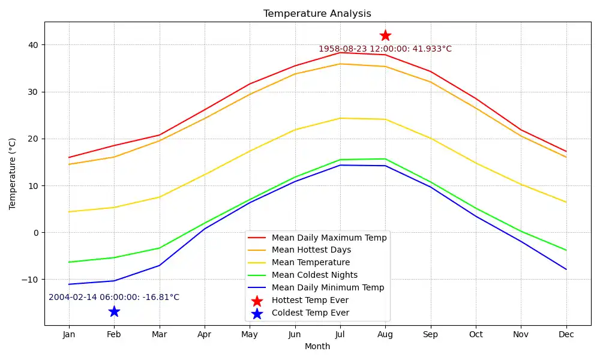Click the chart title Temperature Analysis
pyautogui.click(x=317, y=14)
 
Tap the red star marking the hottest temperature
pyautogui.click(x=385, y=35)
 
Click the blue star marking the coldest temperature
pyautogui.click(x=114, y=311)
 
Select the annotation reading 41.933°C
pyautogui.click(x=385, y=49)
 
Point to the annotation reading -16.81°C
pyautogui.click(x=114, y=297)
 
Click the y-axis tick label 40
pyautogui.click(x=32, y=45)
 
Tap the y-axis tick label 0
pyautogui.click(x=35, y=233)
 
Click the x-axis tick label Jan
pyautogui.click(x=69, y=334)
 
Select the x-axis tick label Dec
pyautogui.click(x=566, y=334)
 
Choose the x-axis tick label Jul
pyautogui.click(x=340, y=334)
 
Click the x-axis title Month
pyautogui.click(x=317, y=346)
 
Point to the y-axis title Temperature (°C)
pyautogui.click(x=13, y=173)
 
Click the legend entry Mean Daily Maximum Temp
pyautogui.click(x=329, y=238)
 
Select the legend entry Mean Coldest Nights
pyautogui.click(x=314, y=275)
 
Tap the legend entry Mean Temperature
pyautogui.click(x=310, y=263)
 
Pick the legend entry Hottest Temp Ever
pyautogui.click(x=310, y=301)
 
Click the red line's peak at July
pyautogui.click(x=340, y=53)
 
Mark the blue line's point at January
pyautogui.click(x=69, y=284)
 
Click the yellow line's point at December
pyautogui.click(x=566, y=202)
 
